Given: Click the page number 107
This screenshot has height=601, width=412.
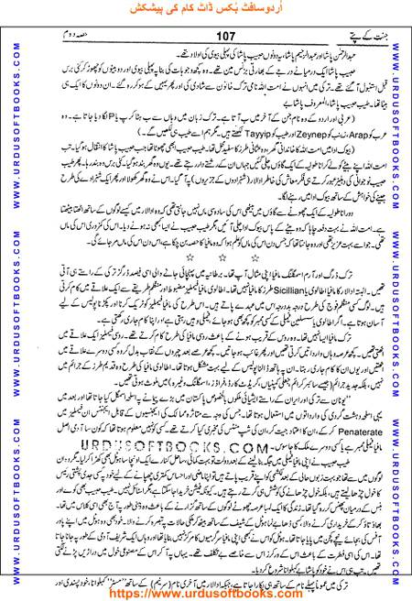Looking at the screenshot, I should point(202,35).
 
